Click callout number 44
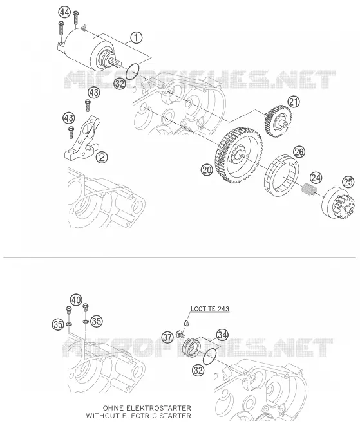[64, 12]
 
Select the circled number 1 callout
[137, 37]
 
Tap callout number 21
[294, 102]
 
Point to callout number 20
[207, 170]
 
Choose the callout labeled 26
[299, 152]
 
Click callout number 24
[316, 178]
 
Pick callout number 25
[348, 181]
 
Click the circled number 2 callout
[102, 157]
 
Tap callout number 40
[76, 300]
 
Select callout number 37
[167, 337]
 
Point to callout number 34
[222, 335]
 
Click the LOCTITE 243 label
[210, 309]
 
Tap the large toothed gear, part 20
[239, 155]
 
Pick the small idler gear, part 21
[278, 121]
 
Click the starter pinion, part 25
[339, 203]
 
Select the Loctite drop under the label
[186, 322]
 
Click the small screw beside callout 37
[180, 333]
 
